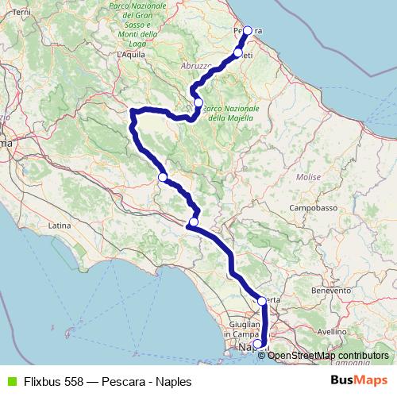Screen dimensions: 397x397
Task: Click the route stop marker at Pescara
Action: click(247, 31)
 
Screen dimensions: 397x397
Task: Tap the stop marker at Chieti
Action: click(238, 52)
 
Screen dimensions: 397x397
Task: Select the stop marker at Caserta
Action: click(262, 301)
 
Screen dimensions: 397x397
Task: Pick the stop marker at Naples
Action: click(256, 344)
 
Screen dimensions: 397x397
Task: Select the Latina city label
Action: click(60, 226)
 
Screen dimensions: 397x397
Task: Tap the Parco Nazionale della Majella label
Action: click(232, 113)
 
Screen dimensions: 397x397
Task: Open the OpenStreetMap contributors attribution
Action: click(328, 356)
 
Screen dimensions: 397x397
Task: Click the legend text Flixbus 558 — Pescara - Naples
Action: click(107, 381)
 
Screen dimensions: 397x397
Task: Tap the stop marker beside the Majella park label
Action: click(198, 102)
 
